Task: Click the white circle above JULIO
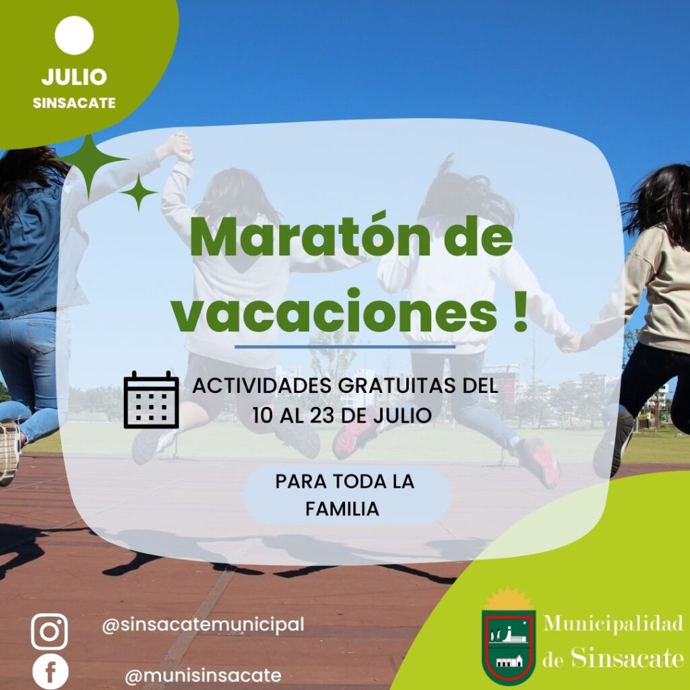74,36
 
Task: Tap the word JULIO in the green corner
74,77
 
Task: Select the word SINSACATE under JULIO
74,103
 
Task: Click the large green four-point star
90,166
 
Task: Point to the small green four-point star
139,192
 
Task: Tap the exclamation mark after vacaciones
520,310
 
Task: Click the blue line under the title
344,347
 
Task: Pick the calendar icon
151,399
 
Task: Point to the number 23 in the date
323,415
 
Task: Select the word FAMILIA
342,509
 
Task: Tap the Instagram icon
49,632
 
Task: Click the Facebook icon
51,672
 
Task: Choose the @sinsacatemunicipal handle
203,625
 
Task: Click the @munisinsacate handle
203,675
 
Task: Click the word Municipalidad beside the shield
613,623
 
